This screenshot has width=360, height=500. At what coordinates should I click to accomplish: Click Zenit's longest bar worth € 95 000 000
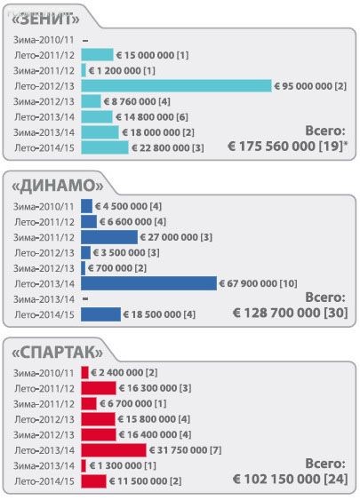point(176,86)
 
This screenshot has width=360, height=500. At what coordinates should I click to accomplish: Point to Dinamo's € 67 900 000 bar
point(148,283)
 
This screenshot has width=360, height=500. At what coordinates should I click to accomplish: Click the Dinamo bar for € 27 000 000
point(109,237)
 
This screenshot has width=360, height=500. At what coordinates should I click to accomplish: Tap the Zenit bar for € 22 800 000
point(105,147)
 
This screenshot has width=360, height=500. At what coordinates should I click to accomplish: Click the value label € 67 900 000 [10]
point(259,283)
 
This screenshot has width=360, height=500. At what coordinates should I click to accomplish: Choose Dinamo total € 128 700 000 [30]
point(290,313)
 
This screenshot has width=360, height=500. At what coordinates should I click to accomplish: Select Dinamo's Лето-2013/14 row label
point(45,283)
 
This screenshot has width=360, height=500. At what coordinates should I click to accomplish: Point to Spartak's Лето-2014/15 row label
point(45,481)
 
